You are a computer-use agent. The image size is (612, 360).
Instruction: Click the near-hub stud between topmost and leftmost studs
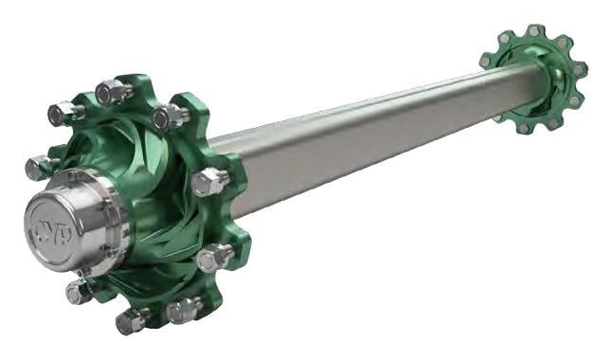coord(63,114)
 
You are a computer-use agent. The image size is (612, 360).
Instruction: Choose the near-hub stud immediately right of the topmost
coord(170,117)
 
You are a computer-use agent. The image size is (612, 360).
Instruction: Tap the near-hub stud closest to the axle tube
coord(209,180)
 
